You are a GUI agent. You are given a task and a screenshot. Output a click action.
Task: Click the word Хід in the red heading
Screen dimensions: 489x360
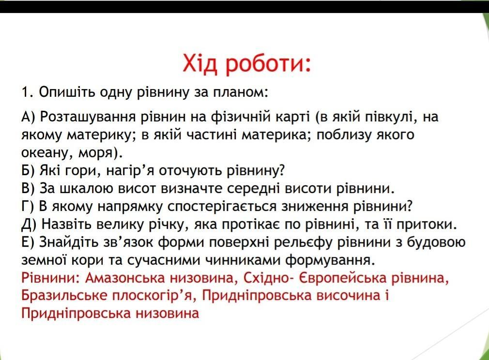click(x=199, y=63)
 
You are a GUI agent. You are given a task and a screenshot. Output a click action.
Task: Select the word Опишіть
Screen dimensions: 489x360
click(x=67, y=92)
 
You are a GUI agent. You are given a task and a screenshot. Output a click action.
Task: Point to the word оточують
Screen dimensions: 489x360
click(x=191, y=171)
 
